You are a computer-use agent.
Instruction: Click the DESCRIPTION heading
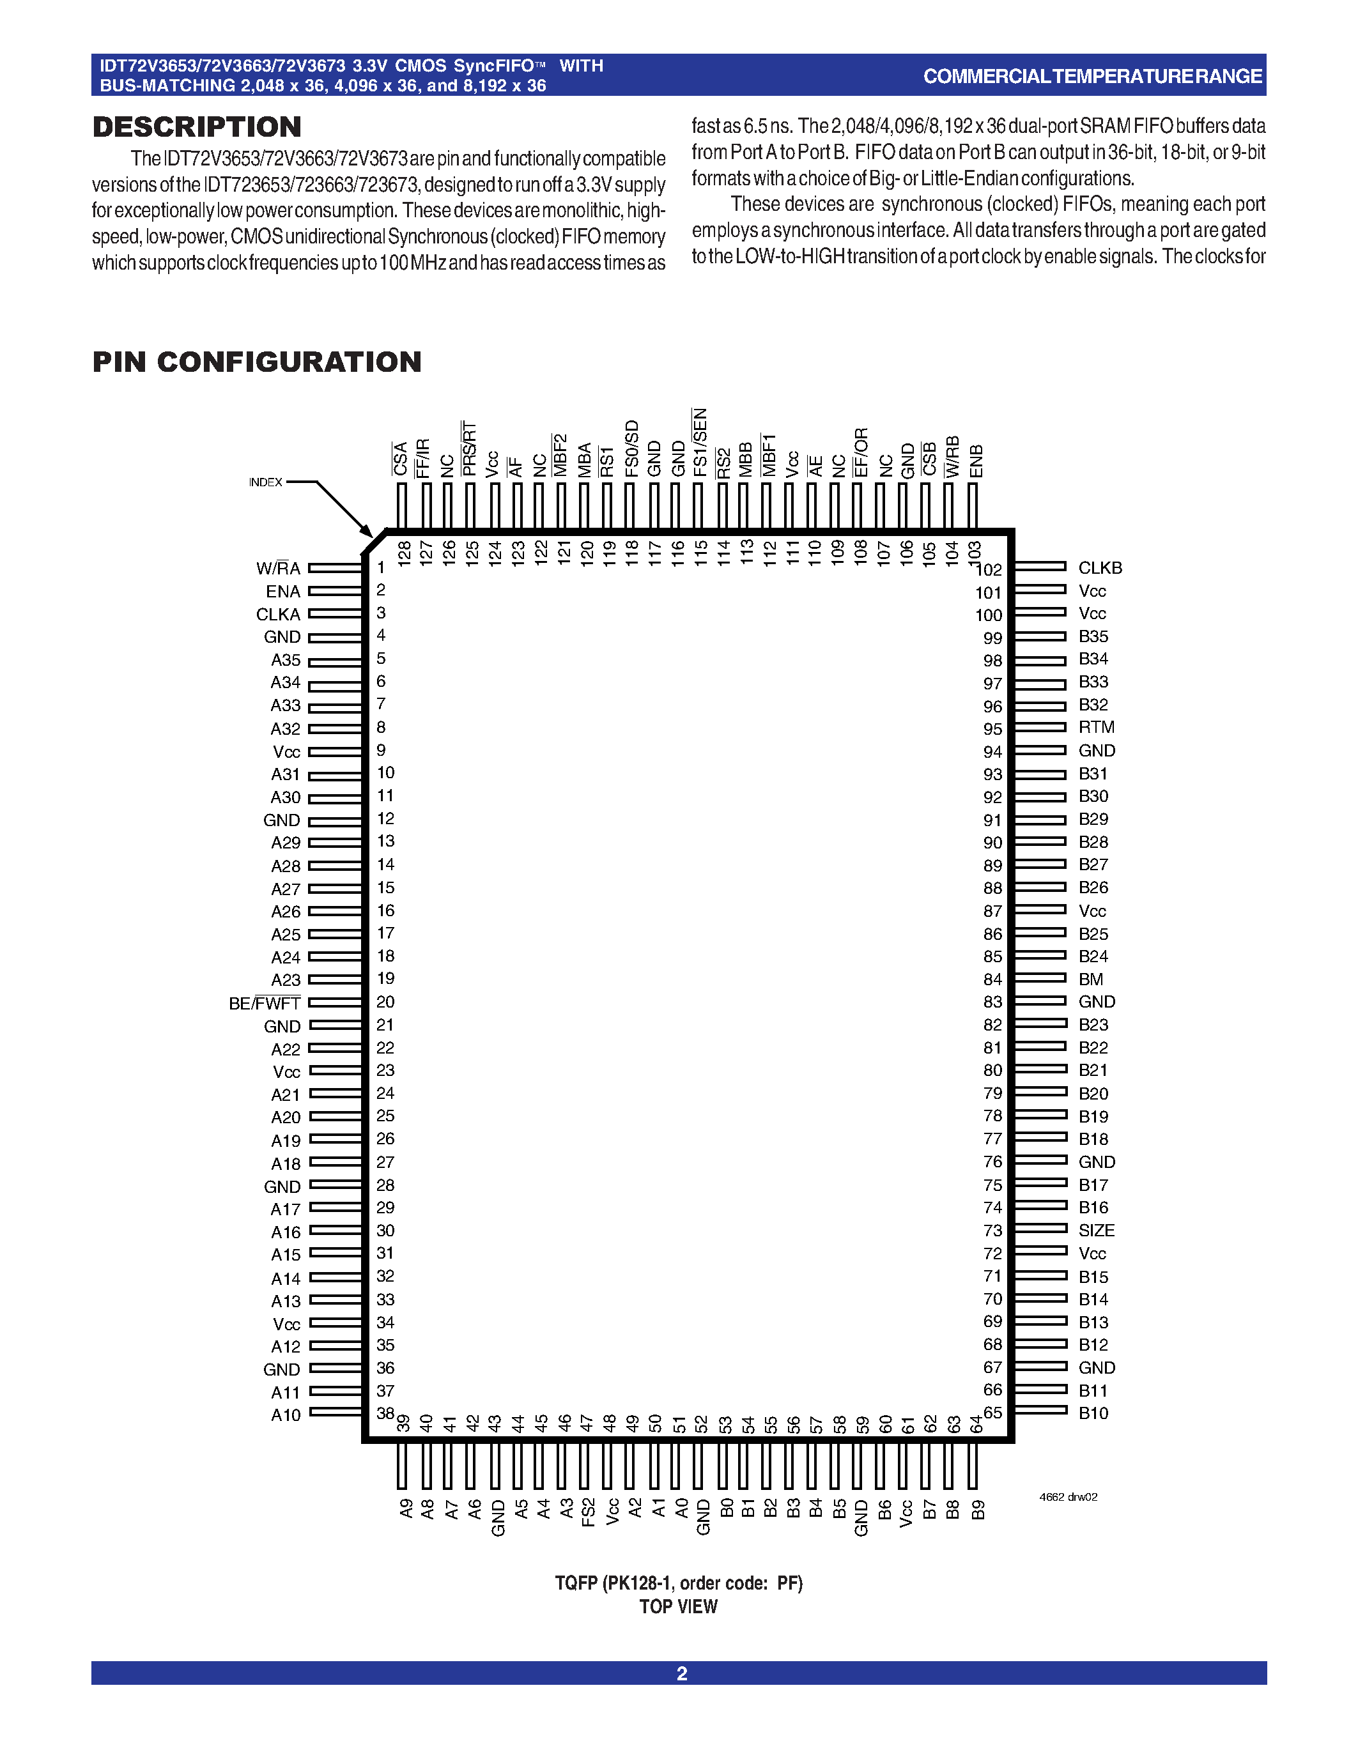point(197,127)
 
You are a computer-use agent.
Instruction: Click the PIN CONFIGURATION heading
point(257,362)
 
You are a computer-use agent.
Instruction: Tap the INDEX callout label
point(265,482)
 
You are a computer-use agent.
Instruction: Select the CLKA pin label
point(277,615)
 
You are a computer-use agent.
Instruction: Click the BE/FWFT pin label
point(264,1004)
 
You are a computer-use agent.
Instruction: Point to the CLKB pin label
point(1100,568)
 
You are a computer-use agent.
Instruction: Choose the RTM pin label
point(1097,727)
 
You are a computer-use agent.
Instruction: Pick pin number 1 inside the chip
point(382,568)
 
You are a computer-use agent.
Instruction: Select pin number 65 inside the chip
point(992,1413)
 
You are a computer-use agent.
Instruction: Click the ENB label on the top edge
point(976,461)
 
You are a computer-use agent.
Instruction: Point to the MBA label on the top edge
point(585,459)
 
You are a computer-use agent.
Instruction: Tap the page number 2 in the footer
point(681,1674)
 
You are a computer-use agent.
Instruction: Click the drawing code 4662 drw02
point(1069,1497)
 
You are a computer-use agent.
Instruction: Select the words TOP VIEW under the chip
point(678,1607)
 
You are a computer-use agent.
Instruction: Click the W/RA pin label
point(277,569)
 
